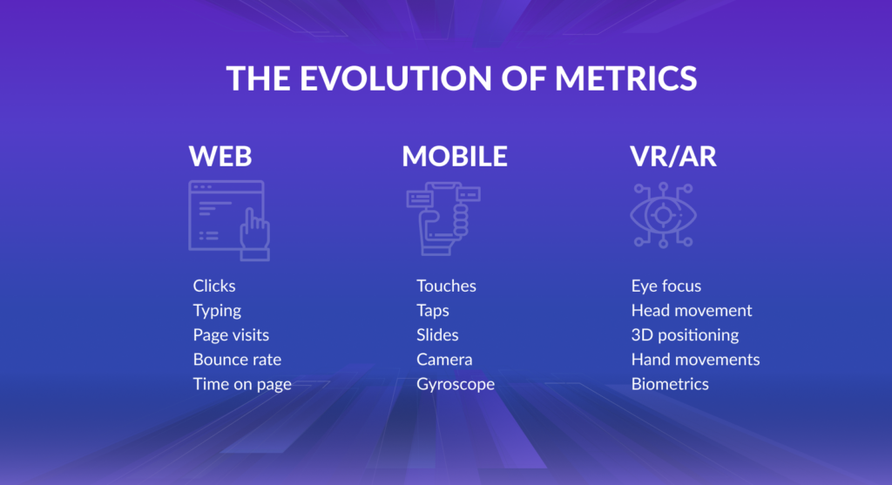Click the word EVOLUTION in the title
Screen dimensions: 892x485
pos(395,77)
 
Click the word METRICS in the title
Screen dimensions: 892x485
pos(625,77)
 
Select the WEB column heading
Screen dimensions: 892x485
pos(220,157)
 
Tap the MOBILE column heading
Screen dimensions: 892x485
pos(455,157)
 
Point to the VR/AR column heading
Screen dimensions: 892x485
pos(673,157)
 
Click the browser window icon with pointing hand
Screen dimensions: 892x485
pos(229,220)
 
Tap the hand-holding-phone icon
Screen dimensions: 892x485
pos(443,219)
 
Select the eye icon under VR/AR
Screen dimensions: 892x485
pos(663,215)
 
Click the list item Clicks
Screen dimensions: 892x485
pos(214,286)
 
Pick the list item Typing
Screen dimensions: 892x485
pos(217,311)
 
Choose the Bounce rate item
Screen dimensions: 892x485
pos(237,360)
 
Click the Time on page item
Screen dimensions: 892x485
pos(242,384)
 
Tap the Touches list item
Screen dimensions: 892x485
pos(446,286)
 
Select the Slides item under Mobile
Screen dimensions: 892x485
pos(437,335)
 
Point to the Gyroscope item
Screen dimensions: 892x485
pos(456,384)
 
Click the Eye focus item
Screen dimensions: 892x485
pos(666,286)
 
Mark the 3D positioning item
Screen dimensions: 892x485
pos(685,335)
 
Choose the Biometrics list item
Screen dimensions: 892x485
pos(670,384)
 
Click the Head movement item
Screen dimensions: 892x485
pos(692,310)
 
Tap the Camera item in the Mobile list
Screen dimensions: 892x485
pos(444,360)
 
